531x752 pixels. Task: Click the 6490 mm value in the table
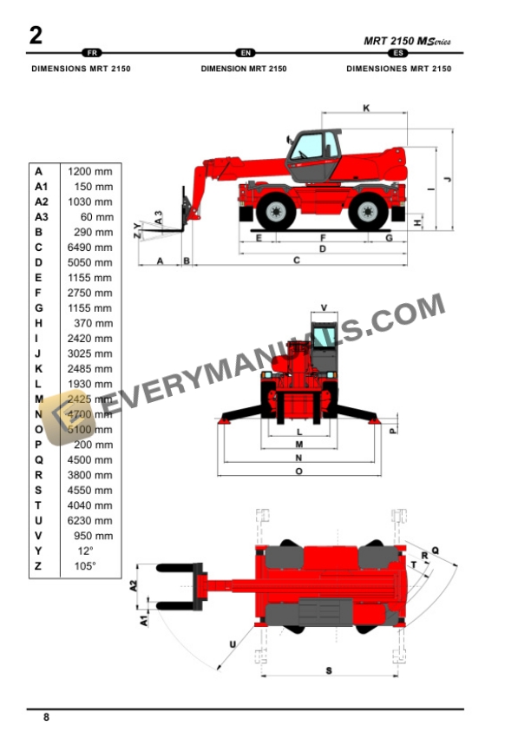91,247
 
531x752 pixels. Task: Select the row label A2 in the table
41,201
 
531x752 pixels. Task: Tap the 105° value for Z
87,566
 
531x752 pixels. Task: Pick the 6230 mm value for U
91,520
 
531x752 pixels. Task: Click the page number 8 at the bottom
46,717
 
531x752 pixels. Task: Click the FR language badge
89,54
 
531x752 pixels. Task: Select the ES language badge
398,54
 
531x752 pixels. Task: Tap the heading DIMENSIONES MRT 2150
398,68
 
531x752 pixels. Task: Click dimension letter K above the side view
366,109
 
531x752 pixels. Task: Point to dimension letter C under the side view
296,260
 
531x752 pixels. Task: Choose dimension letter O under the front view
298,472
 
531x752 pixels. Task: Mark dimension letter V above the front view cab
324,307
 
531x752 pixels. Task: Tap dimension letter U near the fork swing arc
233,643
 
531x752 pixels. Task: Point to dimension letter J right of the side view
447,179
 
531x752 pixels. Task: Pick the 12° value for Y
85,551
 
